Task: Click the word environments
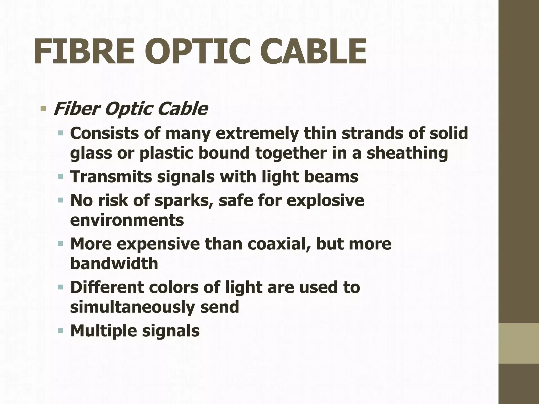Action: pos(127,220)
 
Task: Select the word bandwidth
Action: pos(114,264)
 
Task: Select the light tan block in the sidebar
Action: pos(519,344)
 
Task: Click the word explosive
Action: pos(325,200)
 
